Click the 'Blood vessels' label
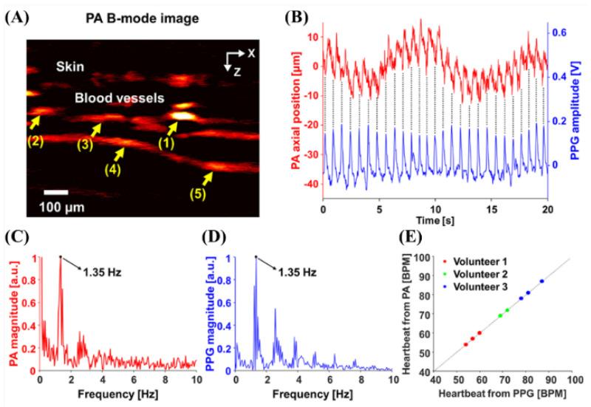click(x=113, y=97)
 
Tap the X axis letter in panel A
click(x=251, y=54)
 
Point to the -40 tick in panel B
click(x=310, y=183)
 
